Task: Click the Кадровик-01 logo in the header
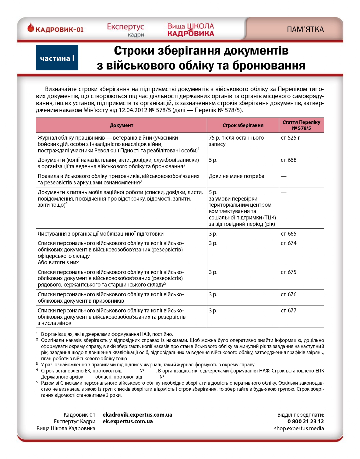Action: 55,29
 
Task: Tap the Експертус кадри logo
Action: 125,30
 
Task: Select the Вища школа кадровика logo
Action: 191,30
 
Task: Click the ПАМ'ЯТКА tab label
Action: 305,30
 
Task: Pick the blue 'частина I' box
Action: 57,58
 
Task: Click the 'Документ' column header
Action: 121,125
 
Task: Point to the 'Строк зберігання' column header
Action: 243,125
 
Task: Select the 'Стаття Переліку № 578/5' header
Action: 301,125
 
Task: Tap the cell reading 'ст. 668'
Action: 288,160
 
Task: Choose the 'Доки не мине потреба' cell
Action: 236,176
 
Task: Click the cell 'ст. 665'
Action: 288,234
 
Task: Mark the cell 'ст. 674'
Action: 288,243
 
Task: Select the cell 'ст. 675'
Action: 288,272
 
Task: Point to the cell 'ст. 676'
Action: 288,294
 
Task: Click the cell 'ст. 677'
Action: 288,311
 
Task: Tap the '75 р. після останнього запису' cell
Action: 236,141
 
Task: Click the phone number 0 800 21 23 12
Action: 305,422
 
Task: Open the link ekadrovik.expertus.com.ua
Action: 137,415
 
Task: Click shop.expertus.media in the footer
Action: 299,429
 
